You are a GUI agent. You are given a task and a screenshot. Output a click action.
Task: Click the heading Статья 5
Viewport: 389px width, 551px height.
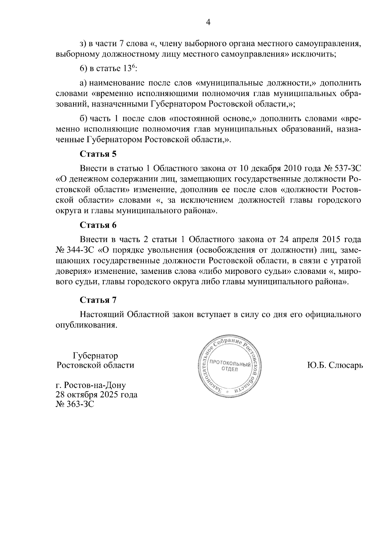coord(98,154)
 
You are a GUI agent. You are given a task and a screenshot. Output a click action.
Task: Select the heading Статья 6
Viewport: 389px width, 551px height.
coord(98,225)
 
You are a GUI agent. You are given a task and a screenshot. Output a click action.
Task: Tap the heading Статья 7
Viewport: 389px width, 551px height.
coord(98,300)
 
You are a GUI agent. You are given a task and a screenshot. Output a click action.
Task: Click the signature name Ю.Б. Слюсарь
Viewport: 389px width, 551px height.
coord(335,365)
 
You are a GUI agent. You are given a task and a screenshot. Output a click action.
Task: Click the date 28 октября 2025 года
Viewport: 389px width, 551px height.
coord(97,395)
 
